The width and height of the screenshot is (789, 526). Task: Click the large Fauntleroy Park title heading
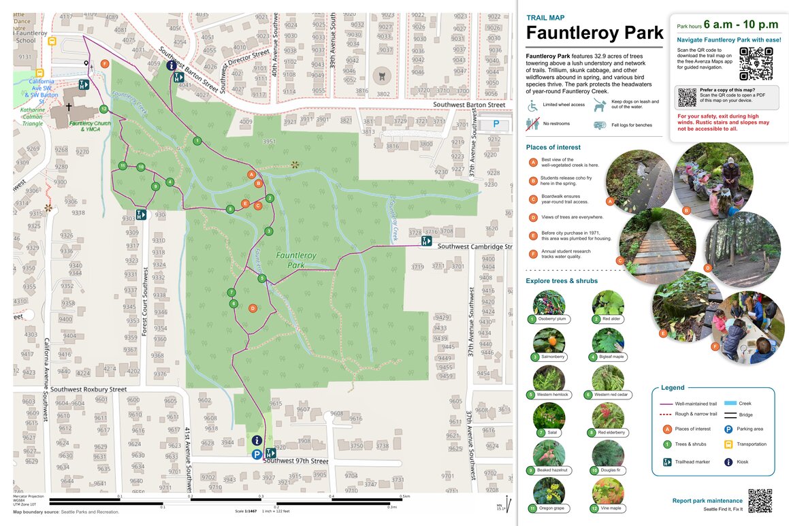pos(594,33)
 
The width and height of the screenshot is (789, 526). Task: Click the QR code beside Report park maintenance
pos(760,501)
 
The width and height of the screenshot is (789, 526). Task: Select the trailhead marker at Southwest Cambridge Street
pos(427,241)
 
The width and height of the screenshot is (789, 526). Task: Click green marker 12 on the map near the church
pos(103,109)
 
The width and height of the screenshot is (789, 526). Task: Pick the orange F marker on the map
pos(105,63)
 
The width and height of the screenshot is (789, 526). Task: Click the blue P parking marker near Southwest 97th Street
pos(257,455)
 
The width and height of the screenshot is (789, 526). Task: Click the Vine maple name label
pos(611,508)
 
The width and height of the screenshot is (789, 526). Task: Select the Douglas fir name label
pos(611,470)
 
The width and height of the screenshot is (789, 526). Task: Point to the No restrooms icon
pos(532,124)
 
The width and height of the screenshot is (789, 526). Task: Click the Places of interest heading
pos(553,147)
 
